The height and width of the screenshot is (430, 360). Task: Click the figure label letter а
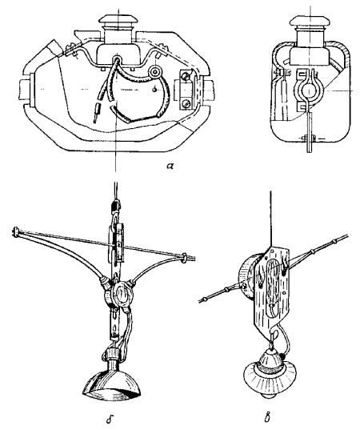tap(170, 166)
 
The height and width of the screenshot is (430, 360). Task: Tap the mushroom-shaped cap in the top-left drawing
tap(118, 19)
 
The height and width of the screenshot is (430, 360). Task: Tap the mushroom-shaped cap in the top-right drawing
tap(310, 20)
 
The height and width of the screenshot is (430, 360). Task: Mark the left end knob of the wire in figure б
tap(14, 231)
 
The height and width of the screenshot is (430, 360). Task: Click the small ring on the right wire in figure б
tap(184, 258)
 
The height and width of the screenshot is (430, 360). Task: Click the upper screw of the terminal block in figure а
tap(186, 75)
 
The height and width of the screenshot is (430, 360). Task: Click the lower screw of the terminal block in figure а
tap(186, 103)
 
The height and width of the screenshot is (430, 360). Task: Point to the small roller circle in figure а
tap(154, 72)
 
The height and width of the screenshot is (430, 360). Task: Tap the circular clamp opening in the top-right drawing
tap(309, 90)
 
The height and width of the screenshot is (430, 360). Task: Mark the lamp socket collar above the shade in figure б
tap(112, 354)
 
